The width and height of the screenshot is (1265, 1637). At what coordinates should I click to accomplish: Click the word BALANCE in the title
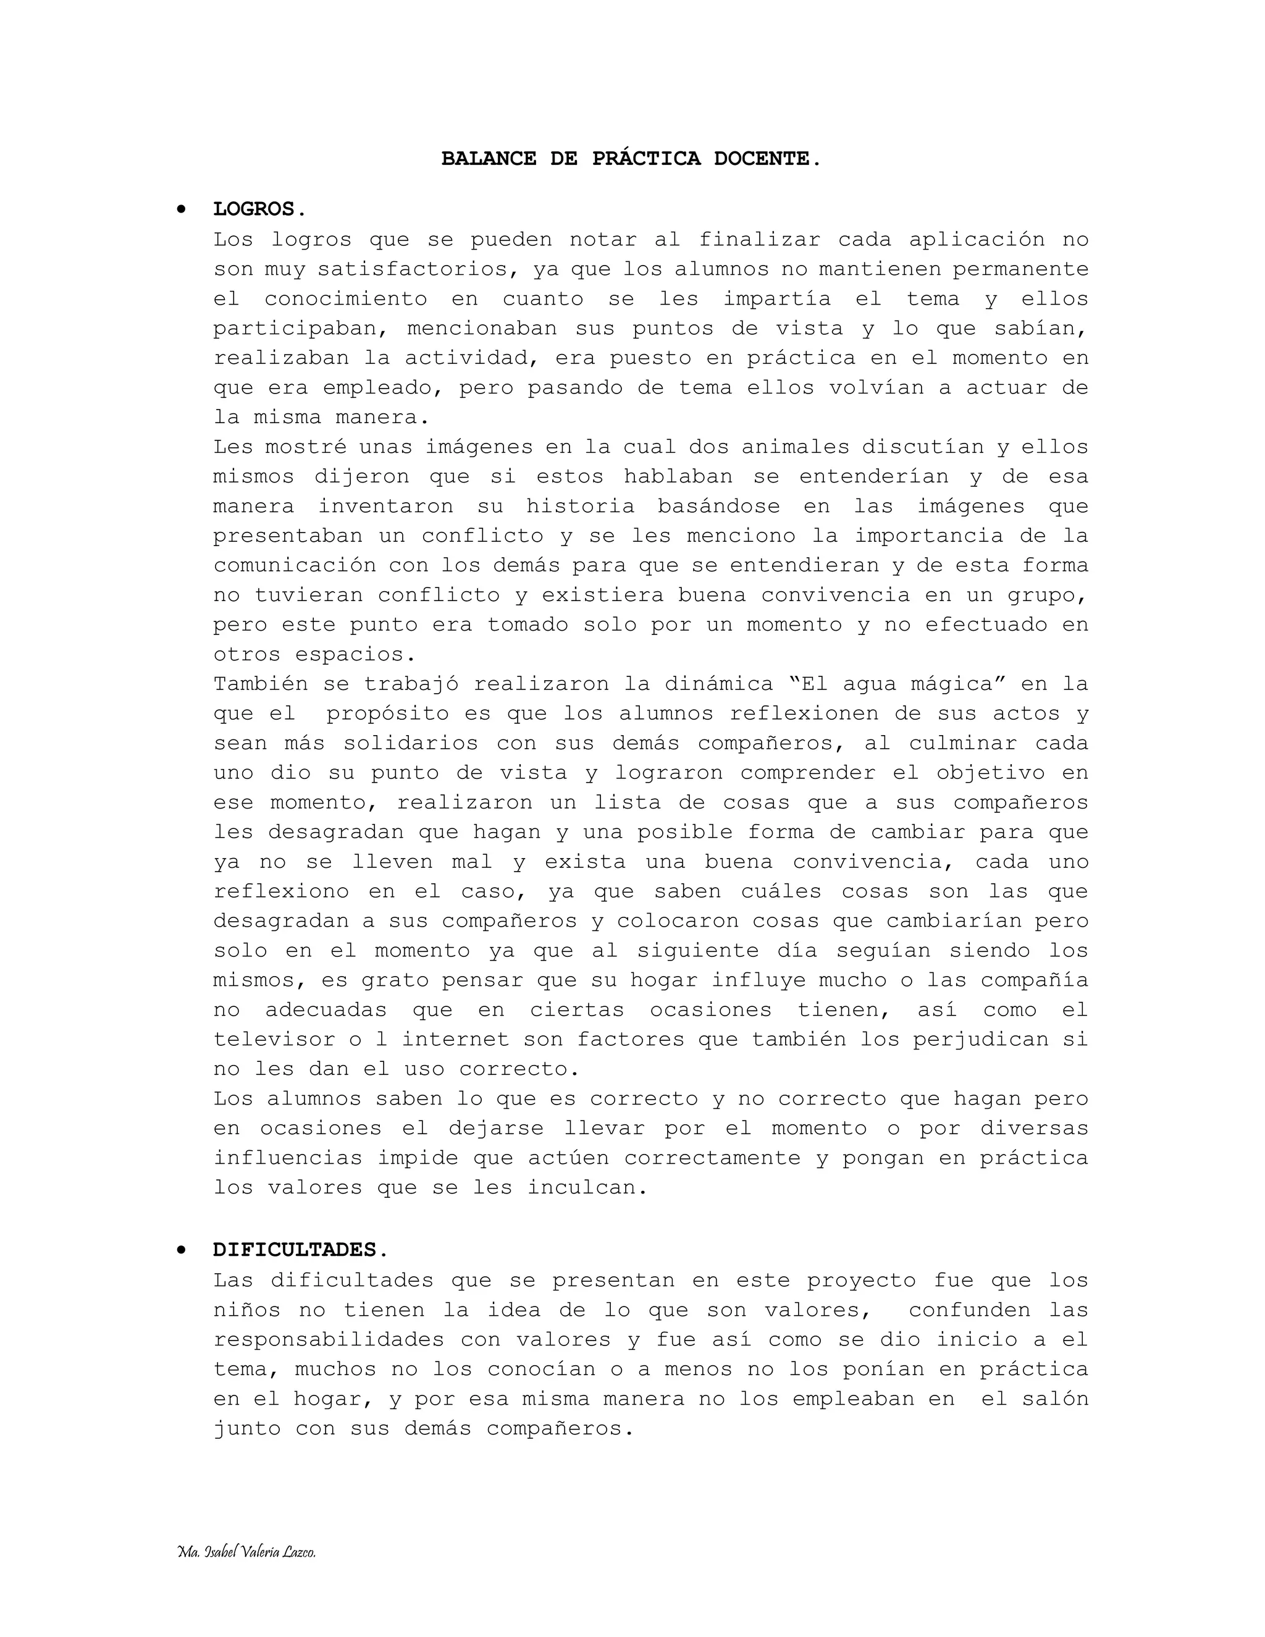(489, 159)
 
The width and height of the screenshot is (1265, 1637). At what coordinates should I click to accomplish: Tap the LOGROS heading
(259, 209)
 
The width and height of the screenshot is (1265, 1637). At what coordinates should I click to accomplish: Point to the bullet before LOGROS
(180, 209)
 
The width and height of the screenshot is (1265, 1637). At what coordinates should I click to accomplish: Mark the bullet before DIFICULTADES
(180, 1250)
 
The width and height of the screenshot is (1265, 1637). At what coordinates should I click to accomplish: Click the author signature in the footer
(246, 1552)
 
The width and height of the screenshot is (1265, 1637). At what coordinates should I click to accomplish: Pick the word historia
(580, 506)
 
